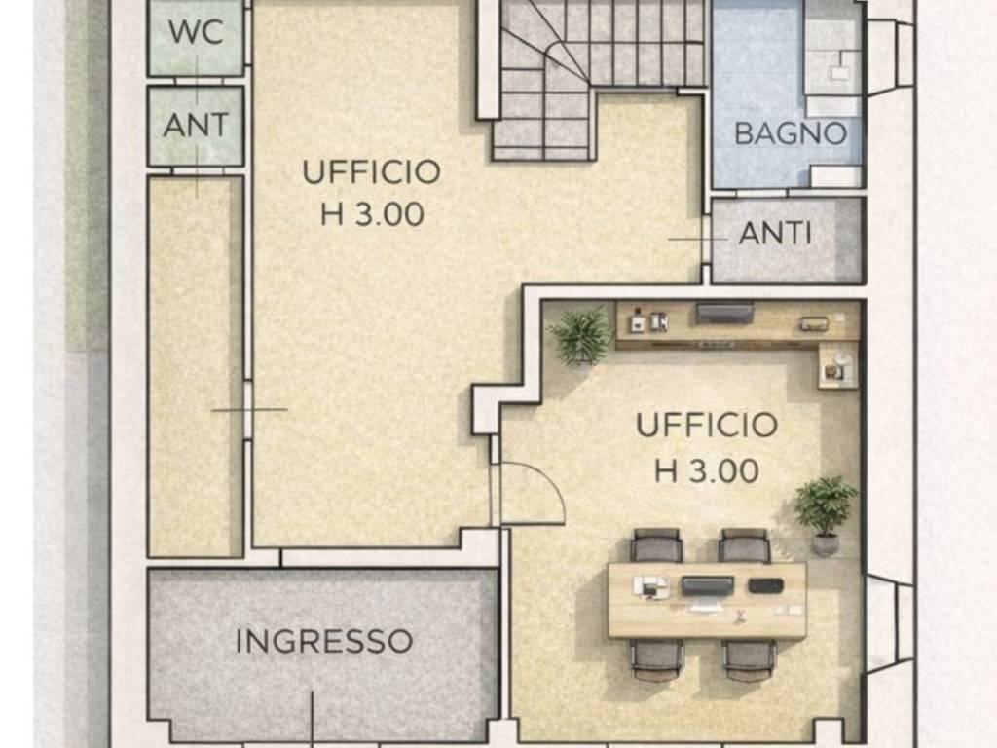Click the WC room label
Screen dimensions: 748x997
coord(196,30)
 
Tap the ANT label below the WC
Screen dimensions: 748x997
coord(196,125)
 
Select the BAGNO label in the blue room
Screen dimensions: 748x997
coord(791,133)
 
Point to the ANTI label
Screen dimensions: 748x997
coord(775,234)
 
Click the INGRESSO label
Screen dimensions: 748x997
coord(324,641)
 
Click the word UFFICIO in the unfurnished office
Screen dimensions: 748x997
coord(371,172)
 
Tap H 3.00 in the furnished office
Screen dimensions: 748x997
coord(707,471)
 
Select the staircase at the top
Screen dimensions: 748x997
coord(584,68)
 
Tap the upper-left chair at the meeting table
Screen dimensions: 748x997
coord(656,545)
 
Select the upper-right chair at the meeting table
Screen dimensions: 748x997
coord(745,545)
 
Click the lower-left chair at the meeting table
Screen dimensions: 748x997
coord(656,658)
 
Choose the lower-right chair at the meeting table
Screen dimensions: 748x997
coord(749,658)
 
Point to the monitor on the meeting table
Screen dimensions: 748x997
coord(707,586)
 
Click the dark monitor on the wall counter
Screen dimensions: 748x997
coord(724,313)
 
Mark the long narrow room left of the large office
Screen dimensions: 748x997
coord(196,365)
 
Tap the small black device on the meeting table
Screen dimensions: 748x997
coord(765,585)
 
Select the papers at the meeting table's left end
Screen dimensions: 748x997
coord(648,586)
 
